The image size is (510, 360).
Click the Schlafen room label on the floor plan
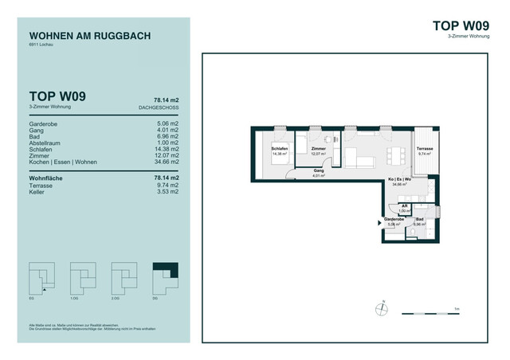278,149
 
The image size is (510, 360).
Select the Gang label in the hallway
318,171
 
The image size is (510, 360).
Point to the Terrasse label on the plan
424,149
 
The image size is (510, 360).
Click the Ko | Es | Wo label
399,180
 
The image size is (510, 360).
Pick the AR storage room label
404,205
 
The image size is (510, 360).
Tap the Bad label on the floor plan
420,218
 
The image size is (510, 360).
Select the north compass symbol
384,306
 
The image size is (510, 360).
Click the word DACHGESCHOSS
158,106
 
